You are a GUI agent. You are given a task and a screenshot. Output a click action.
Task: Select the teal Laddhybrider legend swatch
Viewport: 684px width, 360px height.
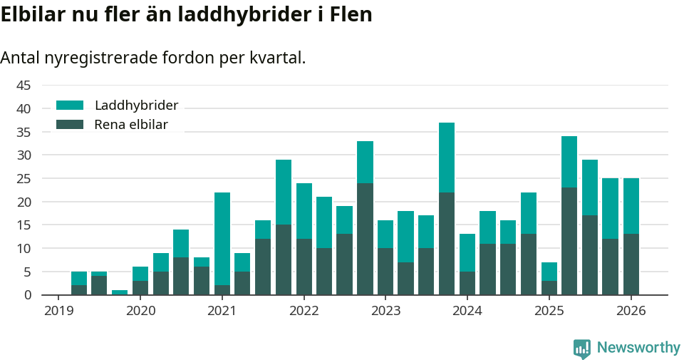click(70, 106)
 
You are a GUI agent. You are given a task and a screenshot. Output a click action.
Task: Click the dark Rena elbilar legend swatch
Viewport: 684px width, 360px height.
click(70, 125)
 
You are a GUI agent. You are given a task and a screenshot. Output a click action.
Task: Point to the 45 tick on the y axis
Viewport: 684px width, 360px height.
click(24, 86)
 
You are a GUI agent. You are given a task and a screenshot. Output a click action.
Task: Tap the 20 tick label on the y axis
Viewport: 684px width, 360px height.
click(24, 202)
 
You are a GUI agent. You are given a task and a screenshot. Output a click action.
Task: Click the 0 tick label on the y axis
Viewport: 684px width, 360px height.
click(28, 295)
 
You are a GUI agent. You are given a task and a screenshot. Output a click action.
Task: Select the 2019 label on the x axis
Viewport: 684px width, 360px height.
click(58, 311)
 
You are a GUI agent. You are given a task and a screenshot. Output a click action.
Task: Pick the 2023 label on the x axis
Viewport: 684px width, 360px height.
click(385, 311)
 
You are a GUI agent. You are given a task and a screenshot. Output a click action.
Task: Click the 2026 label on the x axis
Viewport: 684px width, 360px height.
click(631, 311)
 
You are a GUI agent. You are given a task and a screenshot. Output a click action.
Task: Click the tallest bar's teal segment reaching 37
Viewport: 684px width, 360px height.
click(447, 158)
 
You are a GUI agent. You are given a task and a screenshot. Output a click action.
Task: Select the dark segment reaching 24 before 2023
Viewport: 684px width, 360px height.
click(365, 239)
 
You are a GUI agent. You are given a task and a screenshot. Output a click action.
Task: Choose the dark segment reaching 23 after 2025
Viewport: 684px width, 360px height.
click(569, 241)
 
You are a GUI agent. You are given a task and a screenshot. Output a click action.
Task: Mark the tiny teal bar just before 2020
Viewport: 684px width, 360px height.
click(120, 292)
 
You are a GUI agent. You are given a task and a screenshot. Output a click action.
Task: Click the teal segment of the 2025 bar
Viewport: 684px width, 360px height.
click(549, 272)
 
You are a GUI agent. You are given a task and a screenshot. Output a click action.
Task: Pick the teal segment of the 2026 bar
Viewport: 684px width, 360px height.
click(631, 206)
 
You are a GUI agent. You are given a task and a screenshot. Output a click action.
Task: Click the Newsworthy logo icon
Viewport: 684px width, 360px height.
click(581, 348)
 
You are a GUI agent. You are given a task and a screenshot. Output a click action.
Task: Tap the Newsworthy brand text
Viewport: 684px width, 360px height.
click(638, 348)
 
